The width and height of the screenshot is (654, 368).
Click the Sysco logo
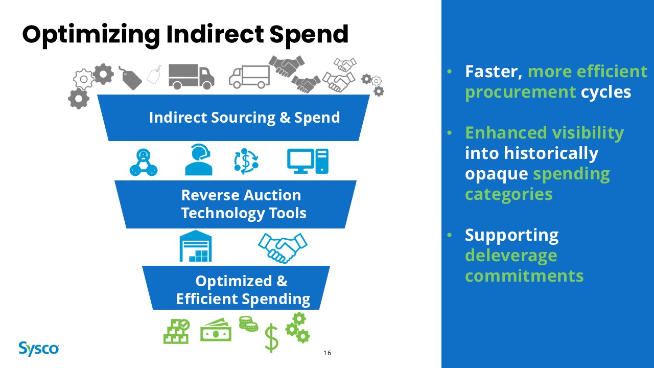[39, 349]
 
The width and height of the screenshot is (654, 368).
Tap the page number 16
[328, 353]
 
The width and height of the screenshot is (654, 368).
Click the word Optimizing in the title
[91, 36]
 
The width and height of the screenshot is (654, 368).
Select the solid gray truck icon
[192, 77]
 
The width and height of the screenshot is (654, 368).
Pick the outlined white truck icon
[249, 77]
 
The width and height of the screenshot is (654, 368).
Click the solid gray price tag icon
[130, 78]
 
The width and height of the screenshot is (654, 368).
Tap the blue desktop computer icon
[308, 161]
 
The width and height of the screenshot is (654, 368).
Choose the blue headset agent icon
[199, 160]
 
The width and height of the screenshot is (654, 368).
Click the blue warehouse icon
[196, 246]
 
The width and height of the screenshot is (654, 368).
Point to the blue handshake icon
[283, 248]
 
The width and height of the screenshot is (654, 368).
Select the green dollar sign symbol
[271, 338]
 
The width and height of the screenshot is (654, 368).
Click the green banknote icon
[216, 330]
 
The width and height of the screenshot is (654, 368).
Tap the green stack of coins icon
[248, 324]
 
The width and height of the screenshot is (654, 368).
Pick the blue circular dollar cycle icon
[246, 161]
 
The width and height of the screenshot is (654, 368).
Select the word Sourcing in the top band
[243, 118]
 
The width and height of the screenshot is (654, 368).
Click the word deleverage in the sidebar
[511, 256]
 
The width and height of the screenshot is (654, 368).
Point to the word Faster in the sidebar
[494, 72]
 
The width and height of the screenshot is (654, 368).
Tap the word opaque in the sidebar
[496, 175]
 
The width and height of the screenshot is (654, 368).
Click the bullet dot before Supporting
[449, 235]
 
